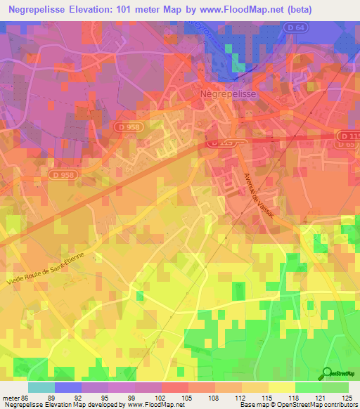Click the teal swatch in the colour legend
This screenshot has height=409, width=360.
pos(41,387)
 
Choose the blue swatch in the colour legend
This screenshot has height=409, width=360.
pos(68,387)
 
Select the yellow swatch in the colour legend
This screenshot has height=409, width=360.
pos(282,387)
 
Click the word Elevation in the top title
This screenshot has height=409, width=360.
pos(96,9)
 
